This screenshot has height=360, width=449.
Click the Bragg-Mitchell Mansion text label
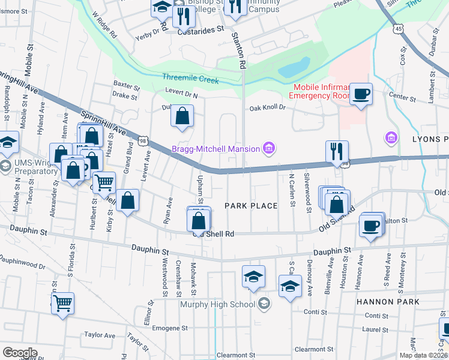(215, 149)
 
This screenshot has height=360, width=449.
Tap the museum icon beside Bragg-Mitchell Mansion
(268, 148)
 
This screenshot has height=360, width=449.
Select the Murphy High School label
(218, 304)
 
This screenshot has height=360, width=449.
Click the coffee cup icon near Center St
(361, 94)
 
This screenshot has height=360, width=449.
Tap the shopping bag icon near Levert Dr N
(182, 115)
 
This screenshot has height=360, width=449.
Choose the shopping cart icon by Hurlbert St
(104, 181)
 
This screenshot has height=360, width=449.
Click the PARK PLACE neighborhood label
(251, 206)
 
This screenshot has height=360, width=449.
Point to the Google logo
(20, 352)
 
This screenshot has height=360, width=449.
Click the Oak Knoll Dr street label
(267, 108)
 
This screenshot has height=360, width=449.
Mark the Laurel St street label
(376, 329)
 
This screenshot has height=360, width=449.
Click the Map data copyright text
(423, 355)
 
